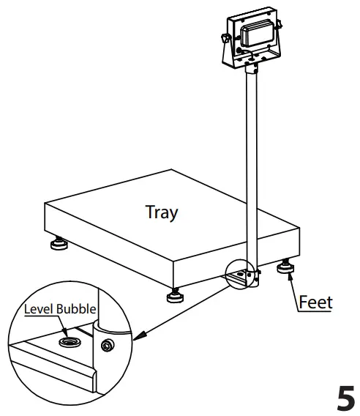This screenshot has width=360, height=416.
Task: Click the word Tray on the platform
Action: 162,212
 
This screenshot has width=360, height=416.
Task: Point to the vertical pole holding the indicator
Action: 252,161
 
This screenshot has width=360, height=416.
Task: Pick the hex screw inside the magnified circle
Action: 108,346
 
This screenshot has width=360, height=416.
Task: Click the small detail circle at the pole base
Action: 244,274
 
